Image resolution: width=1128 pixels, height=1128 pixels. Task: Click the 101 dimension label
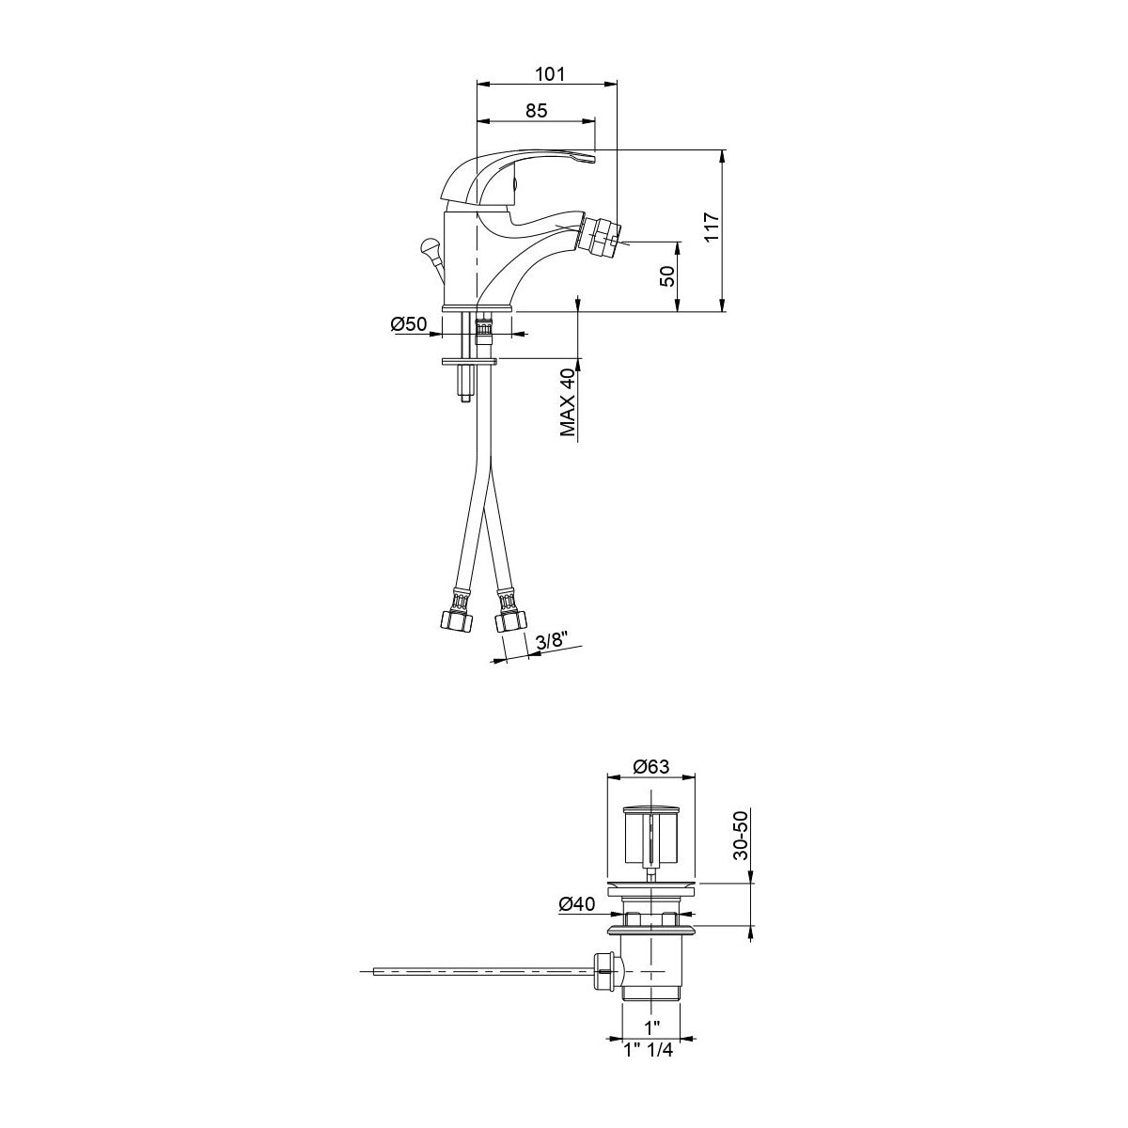549,74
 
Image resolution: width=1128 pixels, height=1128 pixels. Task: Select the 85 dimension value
536,110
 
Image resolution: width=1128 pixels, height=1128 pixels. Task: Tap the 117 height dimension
711,229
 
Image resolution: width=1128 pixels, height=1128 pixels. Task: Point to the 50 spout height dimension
666,276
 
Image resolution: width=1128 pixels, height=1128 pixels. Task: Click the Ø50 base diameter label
409,324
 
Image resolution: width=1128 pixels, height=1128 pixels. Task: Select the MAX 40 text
568,401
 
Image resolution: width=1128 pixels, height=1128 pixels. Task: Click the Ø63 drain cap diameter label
650,767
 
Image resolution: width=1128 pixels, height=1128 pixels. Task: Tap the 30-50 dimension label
741,836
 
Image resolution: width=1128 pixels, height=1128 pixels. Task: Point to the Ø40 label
577,903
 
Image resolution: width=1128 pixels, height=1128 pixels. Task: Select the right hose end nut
510,621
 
